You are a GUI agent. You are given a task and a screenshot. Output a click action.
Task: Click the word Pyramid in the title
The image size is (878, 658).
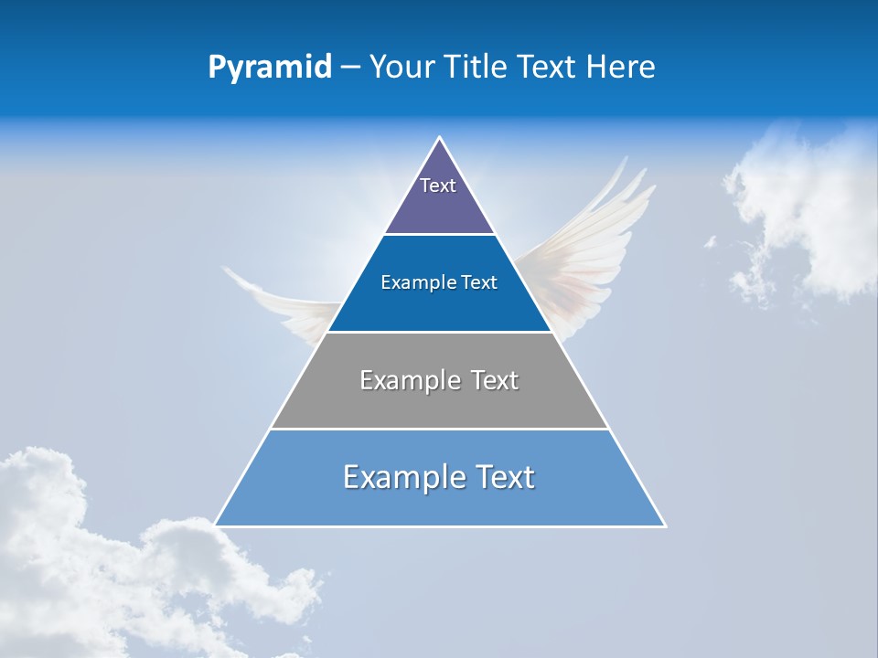(270, 68)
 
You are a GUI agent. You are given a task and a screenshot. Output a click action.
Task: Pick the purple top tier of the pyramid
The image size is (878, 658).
(439, 206)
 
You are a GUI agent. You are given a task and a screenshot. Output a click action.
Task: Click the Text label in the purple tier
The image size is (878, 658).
(438, 186)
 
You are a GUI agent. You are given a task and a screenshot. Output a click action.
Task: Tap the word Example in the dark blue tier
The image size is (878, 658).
(412, 283)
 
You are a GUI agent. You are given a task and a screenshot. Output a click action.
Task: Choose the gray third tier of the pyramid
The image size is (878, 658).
(439, 402)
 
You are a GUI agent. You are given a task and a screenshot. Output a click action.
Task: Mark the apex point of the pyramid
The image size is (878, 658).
(440, 138)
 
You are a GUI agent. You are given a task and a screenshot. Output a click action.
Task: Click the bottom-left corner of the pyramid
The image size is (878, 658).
(215, 525)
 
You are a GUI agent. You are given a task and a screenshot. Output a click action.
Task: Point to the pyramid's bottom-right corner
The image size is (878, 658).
(665, 525)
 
